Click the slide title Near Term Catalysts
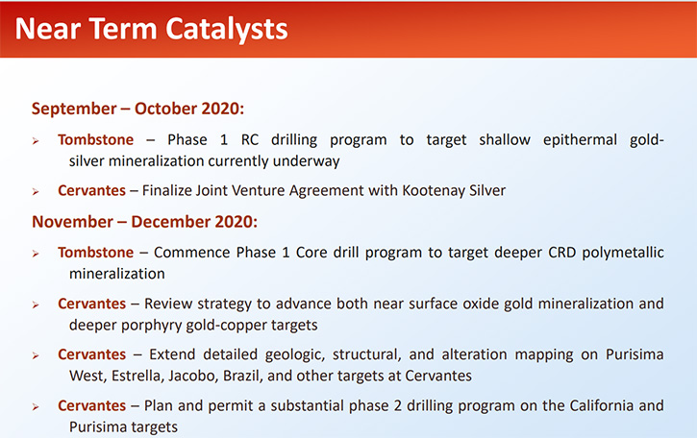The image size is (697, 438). [151, 30]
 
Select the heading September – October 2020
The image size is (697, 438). [137, 109]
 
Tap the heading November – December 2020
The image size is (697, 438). [144, 222]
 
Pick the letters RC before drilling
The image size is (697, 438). [249, 140]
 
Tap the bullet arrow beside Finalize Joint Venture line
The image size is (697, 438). [36, 192]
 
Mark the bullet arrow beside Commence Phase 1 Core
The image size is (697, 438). [36, 254]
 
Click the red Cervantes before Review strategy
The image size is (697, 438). [91, 304]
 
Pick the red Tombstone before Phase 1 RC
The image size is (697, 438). [95, 140]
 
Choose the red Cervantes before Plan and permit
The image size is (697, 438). [91, 405]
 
